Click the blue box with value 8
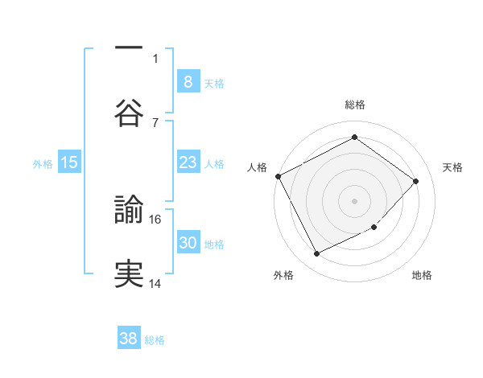[188, 81]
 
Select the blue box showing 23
[188, 162]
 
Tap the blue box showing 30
[188, 243]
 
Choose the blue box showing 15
[69, 162]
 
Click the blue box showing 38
[129, 339]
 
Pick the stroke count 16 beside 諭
[156, 219]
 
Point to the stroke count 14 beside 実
[156, 283]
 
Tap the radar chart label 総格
[355, 105]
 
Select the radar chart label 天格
[452, 167]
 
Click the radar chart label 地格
[422, 276]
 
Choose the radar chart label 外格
[283, 276]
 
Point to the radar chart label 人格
[257, 167]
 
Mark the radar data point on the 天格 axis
[415, 181]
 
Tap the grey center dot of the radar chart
[355, 200]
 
